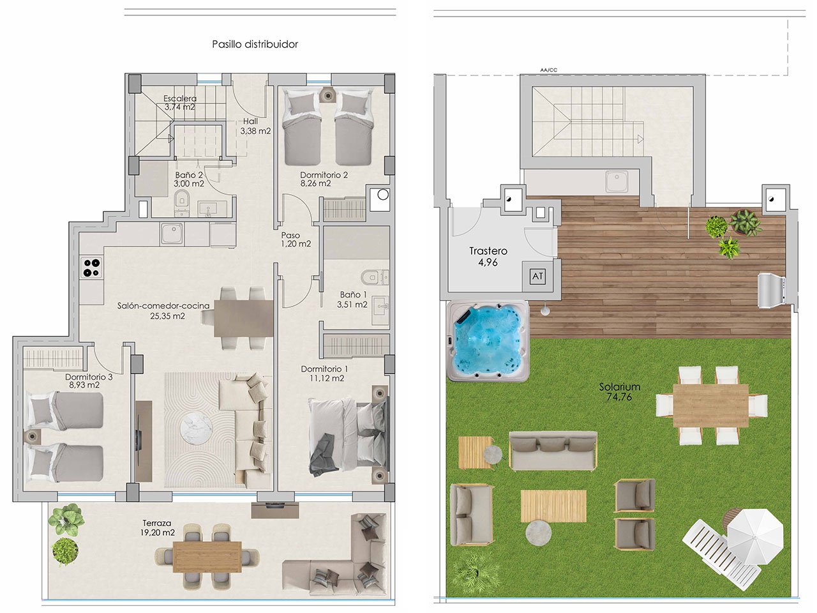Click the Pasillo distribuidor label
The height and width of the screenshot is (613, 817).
point(255,44)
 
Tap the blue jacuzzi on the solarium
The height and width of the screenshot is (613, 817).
point(488,341)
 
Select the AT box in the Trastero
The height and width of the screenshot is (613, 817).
point(537,276)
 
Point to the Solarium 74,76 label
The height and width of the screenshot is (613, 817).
point(619,392)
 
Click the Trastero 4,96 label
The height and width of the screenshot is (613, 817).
point(488,257)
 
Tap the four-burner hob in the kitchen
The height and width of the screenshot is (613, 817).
point(91,267)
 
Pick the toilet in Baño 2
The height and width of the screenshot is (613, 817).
point(182,199)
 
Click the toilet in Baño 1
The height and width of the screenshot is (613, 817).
point(370,277)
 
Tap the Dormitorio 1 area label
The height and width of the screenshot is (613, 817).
point(324,374)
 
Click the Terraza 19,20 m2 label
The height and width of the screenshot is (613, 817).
point(158,527)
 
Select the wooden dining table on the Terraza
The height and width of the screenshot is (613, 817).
point(207,556)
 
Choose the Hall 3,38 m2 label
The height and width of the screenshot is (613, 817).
point(255,126)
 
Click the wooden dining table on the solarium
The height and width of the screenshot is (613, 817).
point(710,405)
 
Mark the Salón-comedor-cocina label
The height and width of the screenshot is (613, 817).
point(163,310)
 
